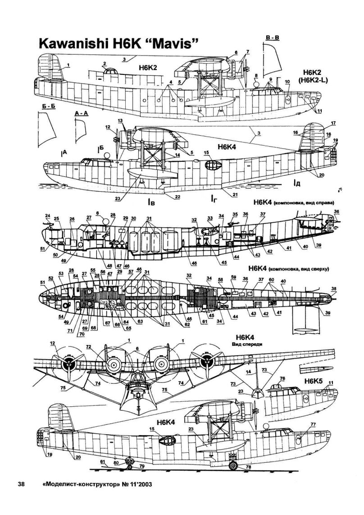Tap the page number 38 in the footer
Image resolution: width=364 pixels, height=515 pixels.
click(x=20, y=485)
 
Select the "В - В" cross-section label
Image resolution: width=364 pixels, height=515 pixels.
click(x=273, y=37)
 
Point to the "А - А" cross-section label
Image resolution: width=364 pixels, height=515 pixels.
click(x=80, y=115)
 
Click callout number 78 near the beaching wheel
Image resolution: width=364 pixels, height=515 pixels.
click(x=248, y=467)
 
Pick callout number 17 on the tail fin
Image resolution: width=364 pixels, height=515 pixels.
click(x=333, y=123)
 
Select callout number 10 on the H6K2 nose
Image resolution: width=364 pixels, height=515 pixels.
click(x=287, y=82)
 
